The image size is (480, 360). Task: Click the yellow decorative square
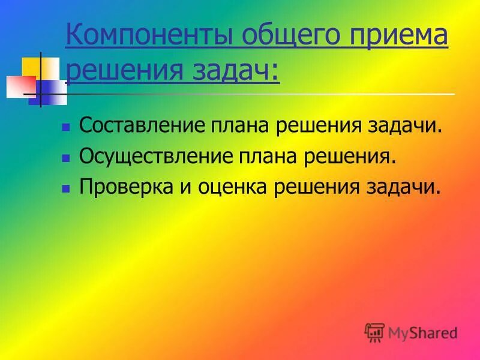[x=31, y=66]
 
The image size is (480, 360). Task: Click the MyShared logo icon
[x=374, y=332]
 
